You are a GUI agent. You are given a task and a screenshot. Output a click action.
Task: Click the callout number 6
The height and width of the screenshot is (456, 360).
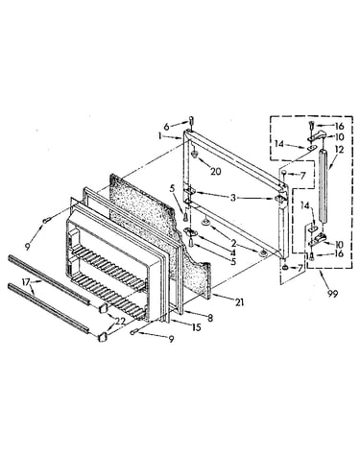(x=166, y=127)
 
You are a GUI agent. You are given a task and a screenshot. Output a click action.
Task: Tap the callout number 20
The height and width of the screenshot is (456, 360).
(x=215, y=171)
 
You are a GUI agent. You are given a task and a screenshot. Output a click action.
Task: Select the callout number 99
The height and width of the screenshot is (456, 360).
(x=332, y=294)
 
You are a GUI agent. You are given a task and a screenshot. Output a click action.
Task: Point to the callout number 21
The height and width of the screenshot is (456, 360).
(x=240, y=301)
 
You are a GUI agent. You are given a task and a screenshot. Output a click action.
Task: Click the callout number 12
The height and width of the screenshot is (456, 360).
(x=339, y=150)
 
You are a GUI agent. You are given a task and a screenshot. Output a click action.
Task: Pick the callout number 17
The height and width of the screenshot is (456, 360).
(x=26, y=282)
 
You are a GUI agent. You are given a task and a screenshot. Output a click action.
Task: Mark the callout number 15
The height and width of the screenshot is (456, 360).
(x=196, y=327)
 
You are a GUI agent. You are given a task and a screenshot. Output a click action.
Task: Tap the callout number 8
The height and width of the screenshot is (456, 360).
(x=210, y=319)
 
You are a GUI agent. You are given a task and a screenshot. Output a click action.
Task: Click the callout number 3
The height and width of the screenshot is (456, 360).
(x=233, y=198)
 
